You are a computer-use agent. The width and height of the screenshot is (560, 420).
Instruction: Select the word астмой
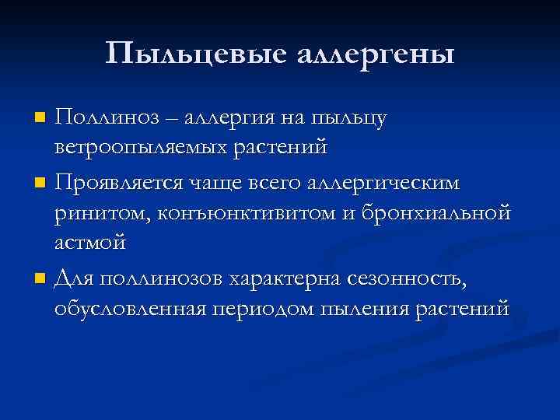[89, 242]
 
